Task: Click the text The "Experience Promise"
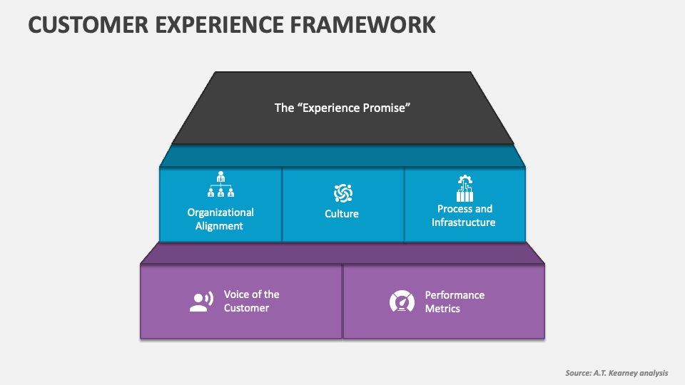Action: coord(342,108)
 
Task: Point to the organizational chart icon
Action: coord(220,185)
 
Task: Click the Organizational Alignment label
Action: coord(220,219)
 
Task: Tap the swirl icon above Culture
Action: coord(342,192)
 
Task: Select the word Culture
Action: coord(342,214)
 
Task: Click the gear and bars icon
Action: coord(465,188)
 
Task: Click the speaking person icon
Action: coord(201,302)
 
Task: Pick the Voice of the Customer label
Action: coord(251,301)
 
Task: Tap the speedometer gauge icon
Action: coord(402,302)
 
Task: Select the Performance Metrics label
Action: coord(455,302)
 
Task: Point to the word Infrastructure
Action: coord(463,222)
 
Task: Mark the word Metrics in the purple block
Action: coord(442,309)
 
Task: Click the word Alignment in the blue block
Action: coord(220,226)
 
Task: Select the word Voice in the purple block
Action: coord(237,294)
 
